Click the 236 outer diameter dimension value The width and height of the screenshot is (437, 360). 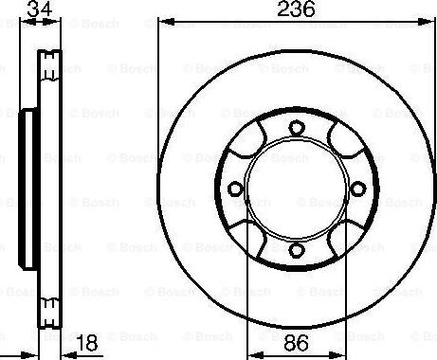click(297, 10)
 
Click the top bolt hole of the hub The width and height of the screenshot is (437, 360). click(296, 129)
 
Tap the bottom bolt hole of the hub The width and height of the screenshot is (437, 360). click(296, 249)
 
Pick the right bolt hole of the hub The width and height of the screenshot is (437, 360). click(356, 189)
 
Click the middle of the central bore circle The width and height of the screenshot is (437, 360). click(296, 189)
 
